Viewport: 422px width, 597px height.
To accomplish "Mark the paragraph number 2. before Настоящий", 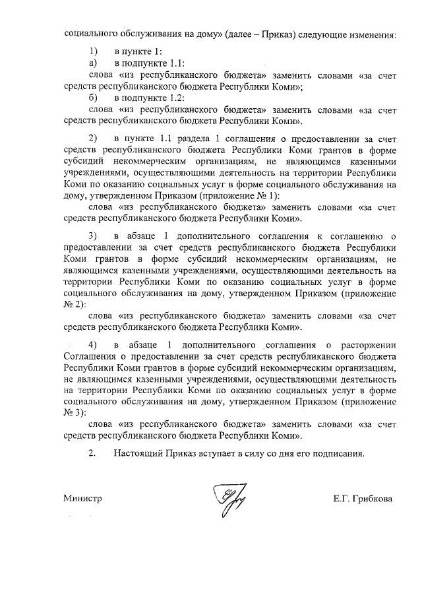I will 92,454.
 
